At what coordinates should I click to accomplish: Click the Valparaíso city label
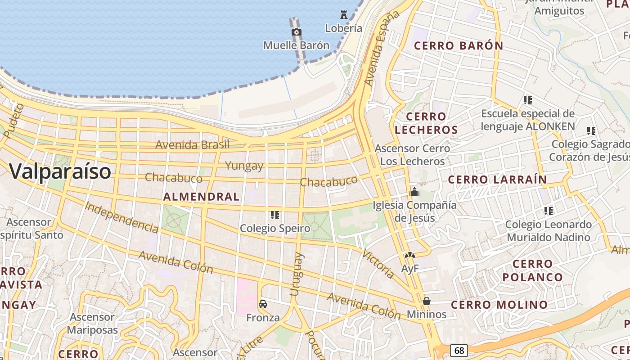click(60, 171)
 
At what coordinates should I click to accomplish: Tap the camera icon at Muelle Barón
click(297, 32)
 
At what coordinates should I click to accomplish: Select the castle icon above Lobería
click(344, 14)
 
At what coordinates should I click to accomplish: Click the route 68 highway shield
click(459, 350)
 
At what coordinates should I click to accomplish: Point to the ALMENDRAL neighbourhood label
click(201, 197)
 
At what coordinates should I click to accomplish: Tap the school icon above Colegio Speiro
click(275, 215)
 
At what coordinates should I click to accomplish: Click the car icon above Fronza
click(263, 304)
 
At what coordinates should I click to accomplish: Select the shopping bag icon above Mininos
click(427, 301)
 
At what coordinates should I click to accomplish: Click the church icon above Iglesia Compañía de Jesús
click(414, 192)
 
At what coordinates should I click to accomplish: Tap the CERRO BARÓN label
click(459, 46)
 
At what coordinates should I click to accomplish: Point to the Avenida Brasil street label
click(192, 145)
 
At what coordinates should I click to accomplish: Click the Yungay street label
click(244, 166)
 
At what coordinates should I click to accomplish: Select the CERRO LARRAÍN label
click(498, 180)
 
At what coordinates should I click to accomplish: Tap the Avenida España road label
click(382, 49)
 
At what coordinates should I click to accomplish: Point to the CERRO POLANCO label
click(533, 270)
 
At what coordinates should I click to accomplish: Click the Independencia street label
click(121, 218)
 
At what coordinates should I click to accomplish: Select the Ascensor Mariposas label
click(92, 324)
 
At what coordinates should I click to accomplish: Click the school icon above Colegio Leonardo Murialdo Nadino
click(548, 211)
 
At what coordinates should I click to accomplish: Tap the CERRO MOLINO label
click(499, 305)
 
